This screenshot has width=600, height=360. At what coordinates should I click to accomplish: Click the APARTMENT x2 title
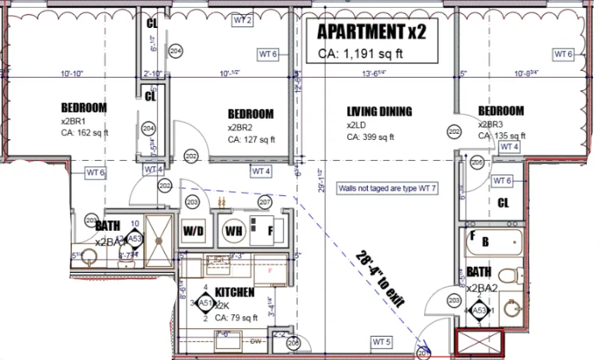pos(371,33)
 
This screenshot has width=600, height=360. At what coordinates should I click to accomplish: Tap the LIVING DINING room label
pos(378,112)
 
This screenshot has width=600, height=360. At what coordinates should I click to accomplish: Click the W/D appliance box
pos(194,231)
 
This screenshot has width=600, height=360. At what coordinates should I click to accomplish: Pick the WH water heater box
pos(232,231)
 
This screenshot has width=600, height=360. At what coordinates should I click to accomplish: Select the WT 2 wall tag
pos(242,20)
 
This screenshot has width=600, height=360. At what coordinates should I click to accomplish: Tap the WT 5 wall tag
pos(381,341)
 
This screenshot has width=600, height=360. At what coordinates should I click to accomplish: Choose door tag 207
pos(265,203)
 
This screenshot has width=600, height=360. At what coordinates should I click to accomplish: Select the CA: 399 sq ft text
pos(371,137)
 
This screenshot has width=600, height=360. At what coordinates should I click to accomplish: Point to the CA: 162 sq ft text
pos(85,133)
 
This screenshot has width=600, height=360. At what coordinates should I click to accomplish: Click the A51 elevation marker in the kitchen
pos(206,303)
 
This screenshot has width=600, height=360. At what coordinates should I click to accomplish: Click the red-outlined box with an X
pos(479,344)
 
